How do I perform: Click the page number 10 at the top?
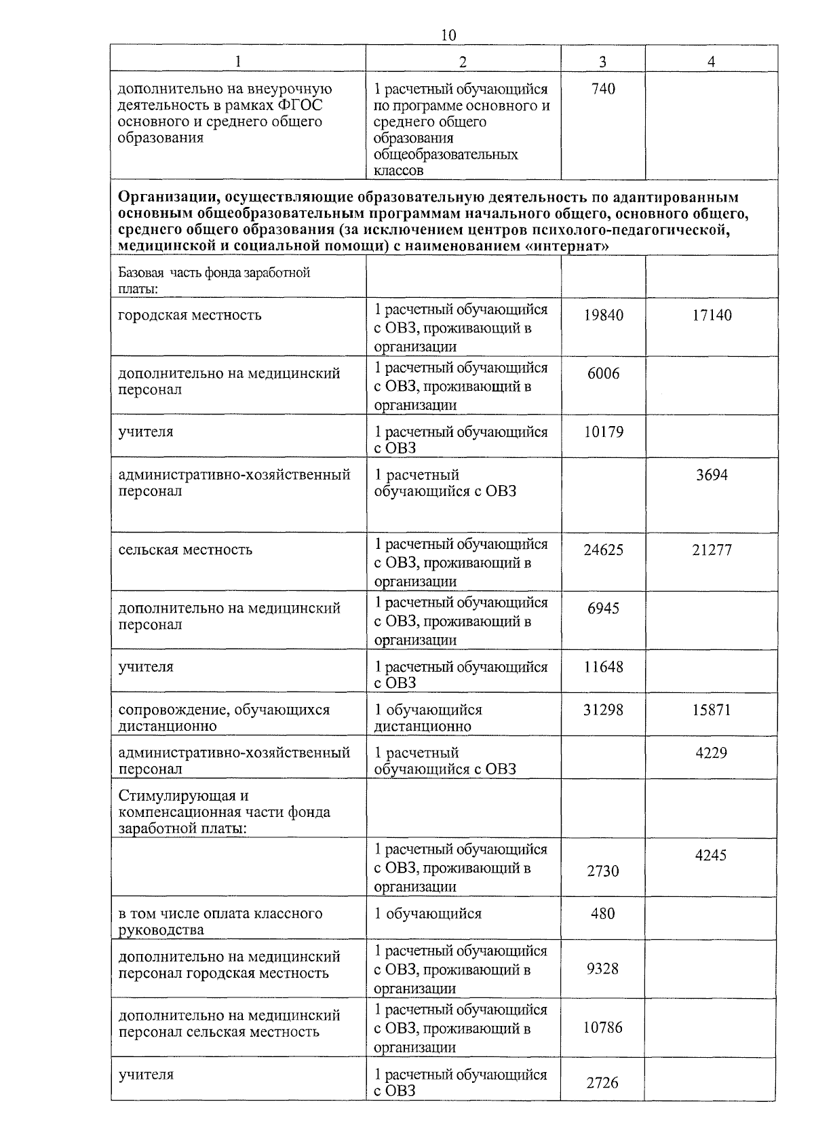(x=448, y=35)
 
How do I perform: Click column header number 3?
(x=602, y=61)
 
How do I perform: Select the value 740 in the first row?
(x=603, y=89)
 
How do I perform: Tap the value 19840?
(x=603, y=315)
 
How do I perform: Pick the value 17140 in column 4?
(x=712, y=315)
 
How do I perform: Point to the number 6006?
(x=603, y=373)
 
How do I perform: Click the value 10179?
(x=603, y=432)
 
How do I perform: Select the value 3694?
(x=712, y=475)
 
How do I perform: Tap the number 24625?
(x=603, y=550)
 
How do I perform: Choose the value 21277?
(x=712, y=550)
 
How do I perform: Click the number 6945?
(x=603, y=608)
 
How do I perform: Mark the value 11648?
(x=603, y=666)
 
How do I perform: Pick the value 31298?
(x=603, y=710)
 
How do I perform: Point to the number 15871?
(x=712, y=710)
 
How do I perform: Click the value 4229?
(x=712, y=752)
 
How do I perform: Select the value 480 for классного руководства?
(x=603, y=913)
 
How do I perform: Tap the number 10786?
(x=603, y=1027)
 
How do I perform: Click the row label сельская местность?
(x=185, y=550)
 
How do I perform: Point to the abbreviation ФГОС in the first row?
(x=300, y=105)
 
